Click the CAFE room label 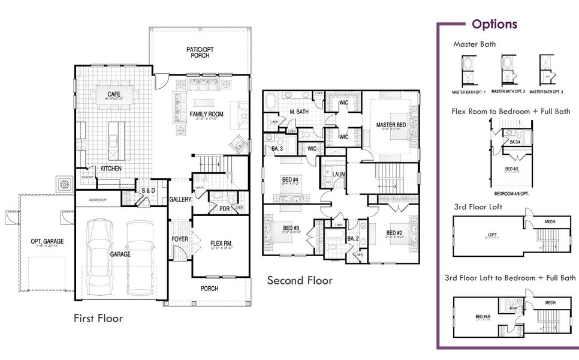(114, 95)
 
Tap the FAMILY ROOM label (206, 114)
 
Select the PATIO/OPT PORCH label (200, 52)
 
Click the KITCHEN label (111, 169)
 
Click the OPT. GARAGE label (47, 241)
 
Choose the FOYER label (180, 239)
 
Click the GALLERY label (180, 199)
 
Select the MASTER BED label (391, 125)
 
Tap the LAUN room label (339, 175)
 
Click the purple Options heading (494, 25)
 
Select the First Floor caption (98, 318)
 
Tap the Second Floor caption (299, 280)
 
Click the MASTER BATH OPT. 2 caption (508, 92)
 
